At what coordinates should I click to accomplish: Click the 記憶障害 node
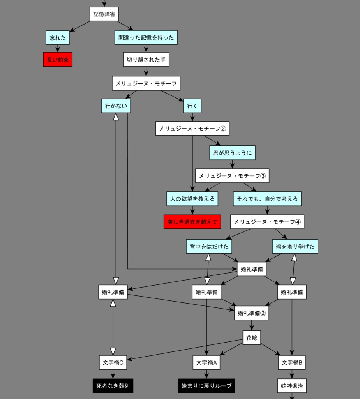coord(104,14)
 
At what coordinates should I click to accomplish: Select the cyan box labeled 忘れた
coord(58,38)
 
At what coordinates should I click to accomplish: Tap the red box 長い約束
coord(58,60)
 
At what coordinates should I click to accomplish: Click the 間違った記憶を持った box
coord(146,38)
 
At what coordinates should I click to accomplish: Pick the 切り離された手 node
coord(146,60)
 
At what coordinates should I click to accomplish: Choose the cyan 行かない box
coord(116,106)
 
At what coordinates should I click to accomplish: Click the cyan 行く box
coord(192,106)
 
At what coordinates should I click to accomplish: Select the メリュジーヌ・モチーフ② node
coord(192,128)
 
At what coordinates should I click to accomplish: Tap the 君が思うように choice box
coord(232,153)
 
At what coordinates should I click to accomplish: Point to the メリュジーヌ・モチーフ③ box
coord(232,176)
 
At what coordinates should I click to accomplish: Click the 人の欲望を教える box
coord(192,199)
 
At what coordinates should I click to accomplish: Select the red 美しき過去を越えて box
coord(192,222)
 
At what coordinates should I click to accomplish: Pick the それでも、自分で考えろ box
coord(267,199)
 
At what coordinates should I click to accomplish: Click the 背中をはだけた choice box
coord(209,246)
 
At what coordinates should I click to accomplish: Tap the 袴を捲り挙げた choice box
coord(295,246)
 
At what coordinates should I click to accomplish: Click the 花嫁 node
coord(252,338)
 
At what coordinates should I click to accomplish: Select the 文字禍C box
coord(113,362)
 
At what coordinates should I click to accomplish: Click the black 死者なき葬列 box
coord(113,386)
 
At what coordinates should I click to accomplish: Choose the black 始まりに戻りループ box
coord(206,386)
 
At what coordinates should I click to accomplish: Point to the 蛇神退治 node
coord(292,386)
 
